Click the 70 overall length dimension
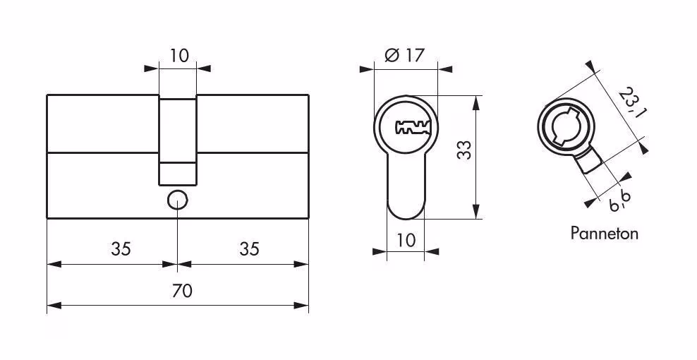pos(182,291)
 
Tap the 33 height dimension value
pos(464,150)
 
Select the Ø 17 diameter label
pos(404,55)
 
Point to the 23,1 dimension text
pos(632,103)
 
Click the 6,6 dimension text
pos(621,200)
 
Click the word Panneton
pos(604,233)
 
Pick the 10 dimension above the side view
pos(179,56)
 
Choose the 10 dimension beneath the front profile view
pos(406,240)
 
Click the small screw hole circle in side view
pos(177,200)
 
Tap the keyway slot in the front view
pos(413,127)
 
